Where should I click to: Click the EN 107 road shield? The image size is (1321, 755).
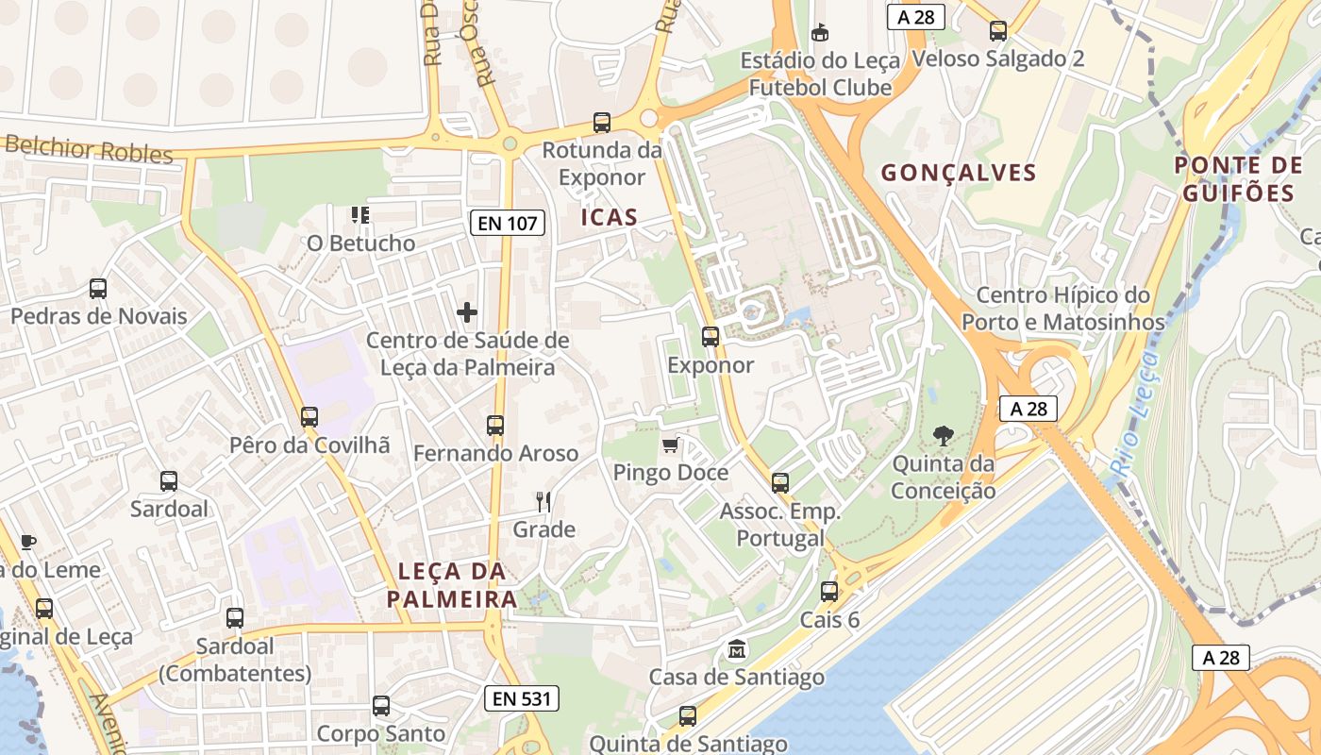[x=508, y=224]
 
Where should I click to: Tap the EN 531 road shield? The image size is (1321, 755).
[x=522, y=698]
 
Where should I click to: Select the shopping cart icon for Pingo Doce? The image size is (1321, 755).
[x=671, y=445]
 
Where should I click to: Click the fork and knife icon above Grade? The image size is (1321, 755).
[x=543, y=501]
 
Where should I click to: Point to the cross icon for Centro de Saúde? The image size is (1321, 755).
[x=467, y=311]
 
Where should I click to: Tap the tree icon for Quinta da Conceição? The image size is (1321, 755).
[x=943, y=435]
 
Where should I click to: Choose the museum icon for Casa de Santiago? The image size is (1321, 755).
[x=736, y=649]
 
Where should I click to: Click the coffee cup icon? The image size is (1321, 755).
[x=27, y=541]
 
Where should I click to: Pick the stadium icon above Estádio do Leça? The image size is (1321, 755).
[x=820, y=32]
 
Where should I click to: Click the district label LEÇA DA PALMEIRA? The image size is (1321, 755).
[x=452, y=585]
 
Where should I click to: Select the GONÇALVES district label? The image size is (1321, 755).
[x=958, y=173]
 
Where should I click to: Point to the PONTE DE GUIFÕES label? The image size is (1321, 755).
[x=1239, y=179]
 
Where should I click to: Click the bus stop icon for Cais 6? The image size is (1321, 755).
[x=829, y=592]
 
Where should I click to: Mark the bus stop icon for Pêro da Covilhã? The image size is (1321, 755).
[x=309, y=416]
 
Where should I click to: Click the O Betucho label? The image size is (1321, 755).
[x=360, y=243]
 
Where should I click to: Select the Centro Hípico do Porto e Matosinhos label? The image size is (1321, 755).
[x=1063, y=309]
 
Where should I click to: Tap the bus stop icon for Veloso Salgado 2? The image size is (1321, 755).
[x=998, y=31]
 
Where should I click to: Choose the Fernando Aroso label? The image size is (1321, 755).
[x=495, y=454]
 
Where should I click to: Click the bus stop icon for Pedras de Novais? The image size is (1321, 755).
[x=98, y=289]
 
